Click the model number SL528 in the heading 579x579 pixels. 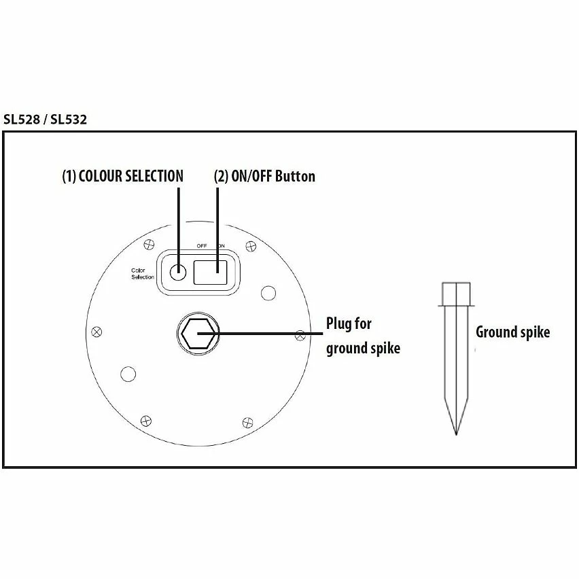pyautogui.click(x=22, y=120)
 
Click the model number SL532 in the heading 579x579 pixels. pyautogui.click(x=69, y=120)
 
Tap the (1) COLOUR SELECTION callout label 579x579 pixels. pyautogui.click(x=122, y=176)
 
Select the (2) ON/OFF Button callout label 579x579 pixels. pyautogui.click(x=264, y=176)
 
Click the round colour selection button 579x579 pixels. pyautogui.click(x=177, y=272)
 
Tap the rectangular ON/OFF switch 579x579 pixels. pyautogui.click(x=210, y=272)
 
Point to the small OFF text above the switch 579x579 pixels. pyautogui.click(x=202, y=246)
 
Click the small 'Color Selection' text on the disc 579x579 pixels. pyautogui.click(x=143, y=274)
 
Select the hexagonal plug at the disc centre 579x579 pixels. pyautogui.click(x=198, y=334)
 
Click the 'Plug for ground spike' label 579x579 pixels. pyautogui.click(x=363, y=336)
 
